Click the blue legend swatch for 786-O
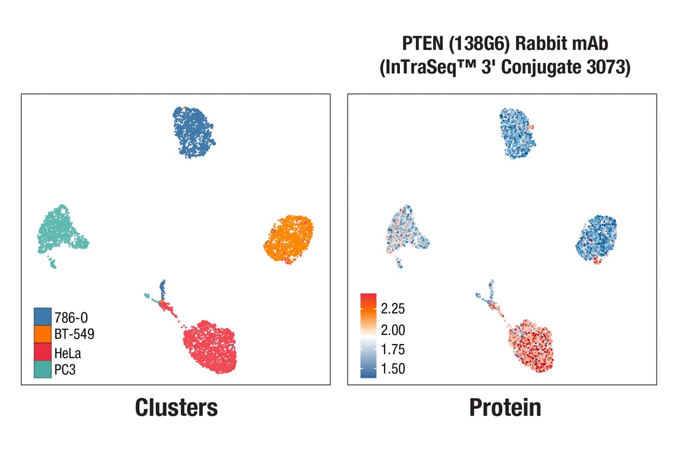(42, 316)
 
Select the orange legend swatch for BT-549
(42, 334)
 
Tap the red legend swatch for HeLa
(42, 352)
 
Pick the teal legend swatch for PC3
(42, 370)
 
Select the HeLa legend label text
(67, 353)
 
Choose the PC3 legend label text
(65, 370)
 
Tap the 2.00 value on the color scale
(393, 330)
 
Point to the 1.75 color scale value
(393, 349)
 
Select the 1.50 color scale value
(393, 369)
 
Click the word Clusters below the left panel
(176, 408)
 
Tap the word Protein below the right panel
(505, 408)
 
